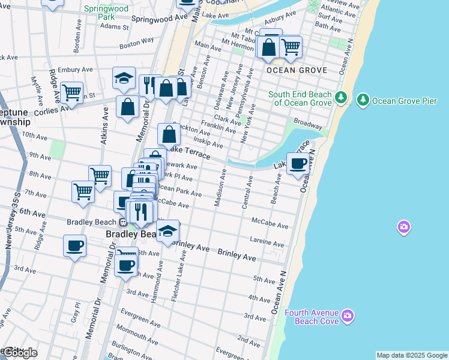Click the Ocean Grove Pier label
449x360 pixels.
[405, 100]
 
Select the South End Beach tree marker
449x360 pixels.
[341, 97]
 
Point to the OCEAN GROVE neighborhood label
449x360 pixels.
[297, 70]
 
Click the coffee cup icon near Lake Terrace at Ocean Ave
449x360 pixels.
[298, 163]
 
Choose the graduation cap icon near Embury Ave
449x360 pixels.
[124, 77]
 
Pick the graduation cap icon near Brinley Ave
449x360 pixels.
[168, 231]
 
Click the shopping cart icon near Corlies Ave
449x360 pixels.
[72, 93]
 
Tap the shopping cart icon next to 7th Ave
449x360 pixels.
[83, 191]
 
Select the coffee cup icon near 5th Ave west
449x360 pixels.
[75, 245]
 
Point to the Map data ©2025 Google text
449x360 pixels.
[412, 355]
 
